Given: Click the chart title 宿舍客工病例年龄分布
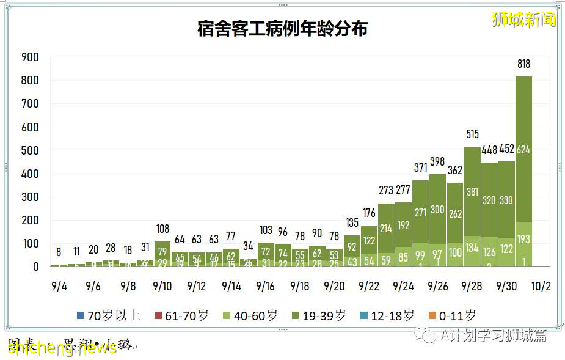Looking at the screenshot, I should pyautogui.click(x=282, y=29).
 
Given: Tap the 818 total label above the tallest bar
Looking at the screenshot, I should pyautogui.click(x=523, y=64).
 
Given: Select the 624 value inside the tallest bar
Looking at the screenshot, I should pyautogui.click(x=523, y=150).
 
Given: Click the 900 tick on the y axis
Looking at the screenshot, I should pyautogui.click(x=30, y=57).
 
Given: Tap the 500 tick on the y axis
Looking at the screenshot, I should pyautogui.click(x=30, y=151).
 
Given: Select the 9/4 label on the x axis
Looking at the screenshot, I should pyautogui.click(x=59, y=286).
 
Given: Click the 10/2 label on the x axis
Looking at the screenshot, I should pyautogui.click(x=541, y=286).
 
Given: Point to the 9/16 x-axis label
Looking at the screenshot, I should pyautogui.click(x=266, y=286).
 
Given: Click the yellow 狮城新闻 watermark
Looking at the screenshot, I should pyautogui.click(x=523, y=20).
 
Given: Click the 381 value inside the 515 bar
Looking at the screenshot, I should pyautogui.click(x=472, y=191).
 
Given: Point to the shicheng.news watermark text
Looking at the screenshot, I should pyautogui.click(x=62, y=348).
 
